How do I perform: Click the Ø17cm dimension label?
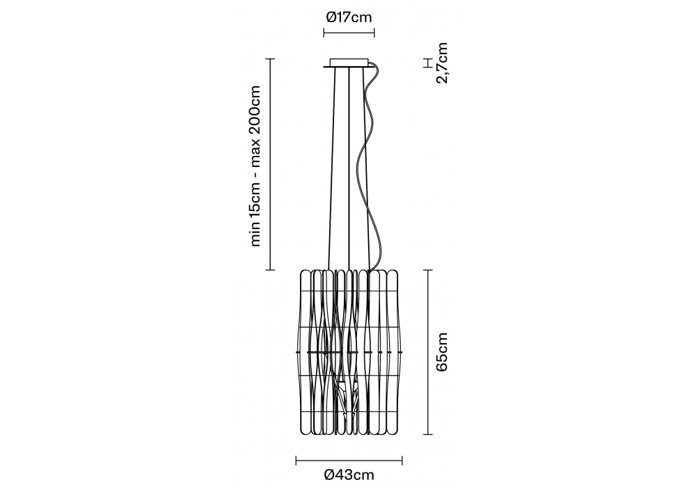[x=349, y=17]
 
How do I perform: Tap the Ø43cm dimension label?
[x=349, y=475]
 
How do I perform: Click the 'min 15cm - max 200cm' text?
[x=255, y=166]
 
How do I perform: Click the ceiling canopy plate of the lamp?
[x=349, y=64]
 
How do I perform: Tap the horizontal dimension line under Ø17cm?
[x=349, y=32]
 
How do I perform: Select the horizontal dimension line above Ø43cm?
[x=349, y=460]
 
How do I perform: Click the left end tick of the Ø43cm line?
[x=296, y=460]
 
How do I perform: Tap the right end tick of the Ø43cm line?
[x=402, y=460]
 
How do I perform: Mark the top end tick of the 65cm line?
[x=427, y=270]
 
